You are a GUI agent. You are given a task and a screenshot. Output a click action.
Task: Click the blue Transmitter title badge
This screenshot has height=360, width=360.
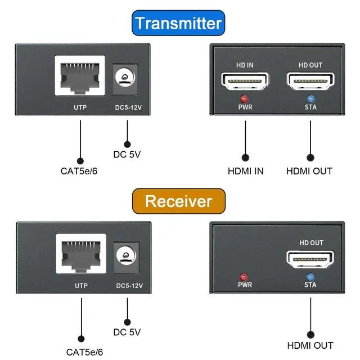179,24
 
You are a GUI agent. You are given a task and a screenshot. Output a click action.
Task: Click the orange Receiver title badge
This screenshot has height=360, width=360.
179,201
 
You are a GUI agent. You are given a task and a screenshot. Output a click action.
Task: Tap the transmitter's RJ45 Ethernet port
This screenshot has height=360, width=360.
80,77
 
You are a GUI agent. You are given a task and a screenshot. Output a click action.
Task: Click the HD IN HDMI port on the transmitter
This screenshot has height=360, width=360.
245,83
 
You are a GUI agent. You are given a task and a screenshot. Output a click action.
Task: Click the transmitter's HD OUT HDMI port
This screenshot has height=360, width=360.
309,83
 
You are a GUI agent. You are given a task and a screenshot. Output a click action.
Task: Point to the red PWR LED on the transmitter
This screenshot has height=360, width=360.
245,98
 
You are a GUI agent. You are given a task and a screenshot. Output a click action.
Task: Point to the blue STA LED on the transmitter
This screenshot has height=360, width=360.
310,99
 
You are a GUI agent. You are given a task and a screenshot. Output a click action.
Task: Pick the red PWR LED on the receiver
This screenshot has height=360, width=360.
244,276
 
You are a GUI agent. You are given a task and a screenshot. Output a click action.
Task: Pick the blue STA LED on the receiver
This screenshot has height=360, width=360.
310,276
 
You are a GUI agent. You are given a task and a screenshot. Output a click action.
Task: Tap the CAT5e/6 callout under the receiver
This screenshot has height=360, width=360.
82,352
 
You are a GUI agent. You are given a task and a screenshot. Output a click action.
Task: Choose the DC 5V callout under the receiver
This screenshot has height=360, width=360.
127,332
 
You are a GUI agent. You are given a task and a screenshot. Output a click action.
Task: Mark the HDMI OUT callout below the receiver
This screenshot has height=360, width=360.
310,345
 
